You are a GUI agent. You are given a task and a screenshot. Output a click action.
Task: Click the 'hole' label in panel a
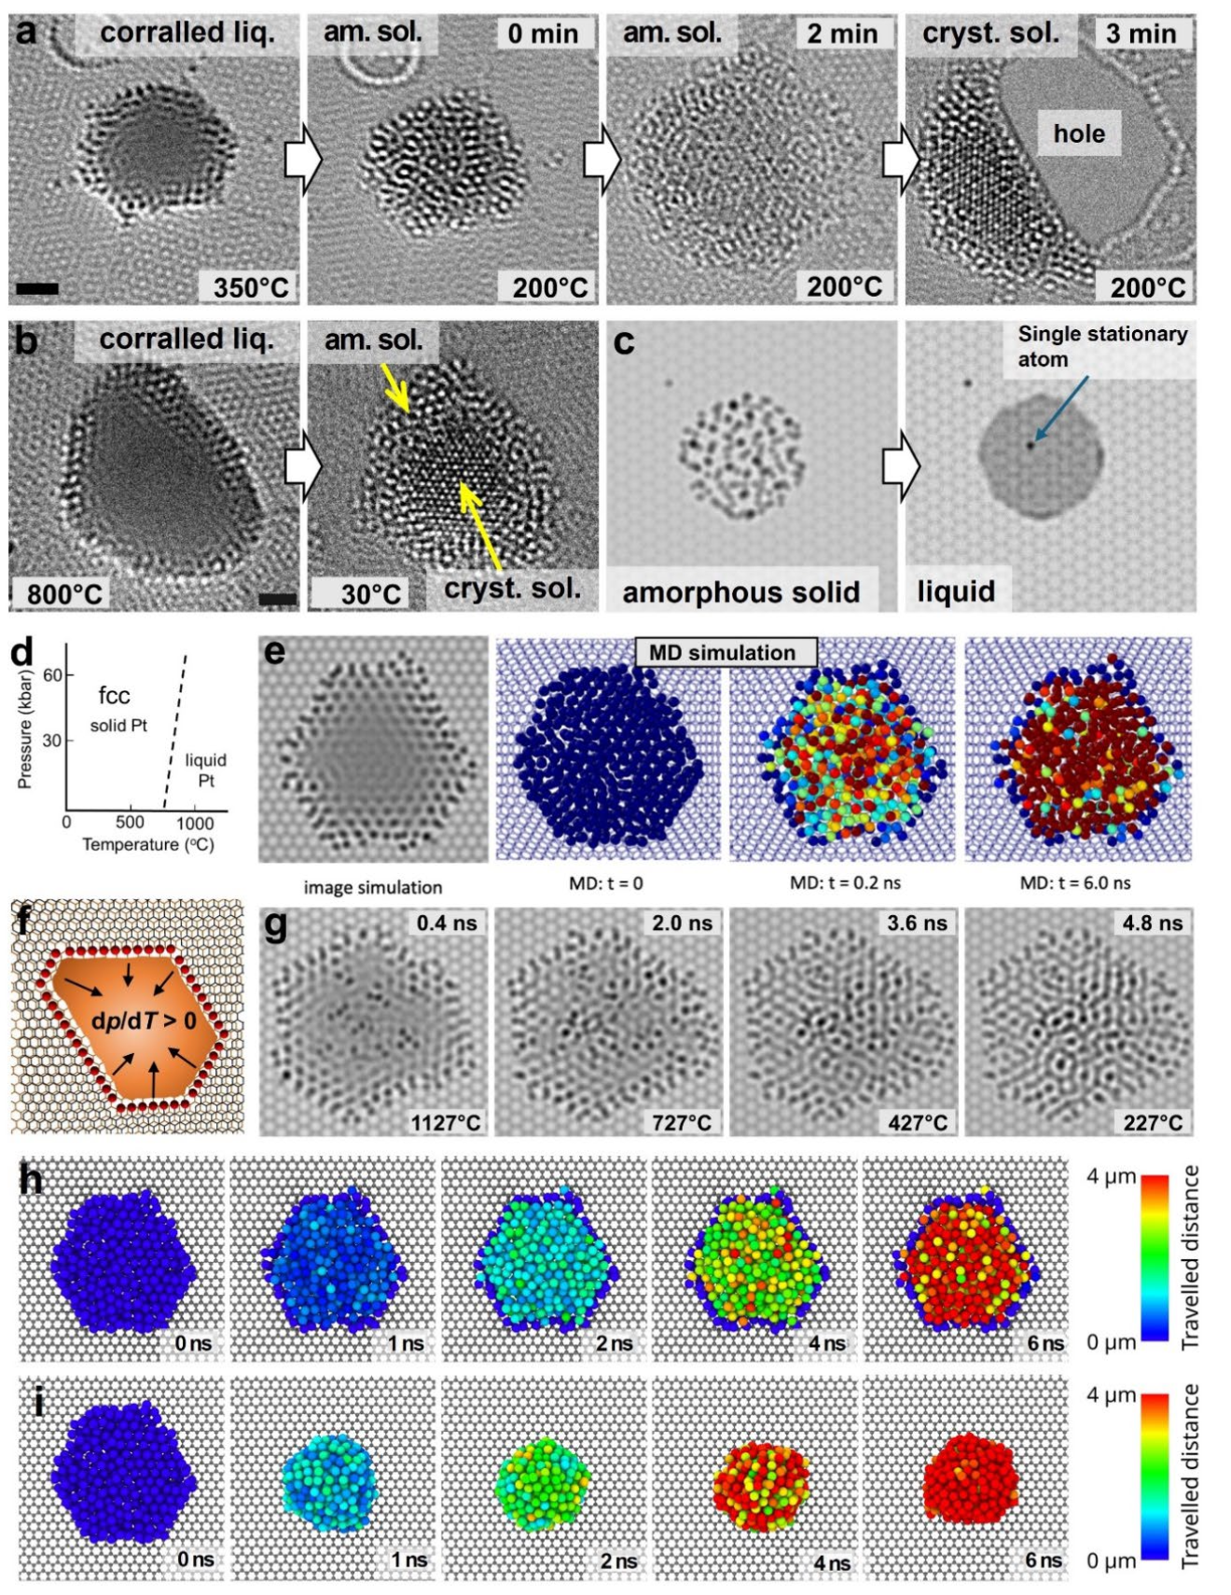tap(1079, 133)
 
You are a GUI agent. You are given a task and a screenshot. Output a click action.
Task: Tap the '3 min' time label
tap(1141, 34)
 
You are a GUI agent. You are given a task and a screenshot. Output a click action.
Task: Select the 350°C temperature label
tap(251, 286)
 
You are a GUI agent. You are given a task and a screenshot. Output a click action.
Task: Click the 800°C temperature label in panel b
tap(63, 593)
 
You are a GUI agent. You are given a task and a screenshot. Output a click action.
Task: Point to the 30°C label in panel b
tap(370, 593)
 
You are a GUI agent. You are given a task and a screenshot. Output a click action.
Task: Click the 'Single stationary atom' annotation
tap(1101, 346)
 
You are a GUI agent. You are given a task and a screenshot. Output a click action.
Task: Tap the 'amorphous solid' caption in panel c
tap(740, 592)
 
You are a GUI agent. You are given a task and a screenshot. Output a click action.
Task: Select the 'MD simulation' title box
tap(723, 652)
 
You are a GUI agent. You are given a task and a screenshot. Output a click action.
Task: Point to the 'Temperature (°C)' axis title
tap(148, 844)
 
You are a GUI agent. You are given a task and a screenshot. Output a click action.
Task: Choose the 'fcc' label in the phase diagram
tap(114, 695)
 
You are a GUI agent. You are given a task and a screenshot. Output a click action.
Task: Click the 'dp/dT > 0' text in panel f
tap(144, 1020)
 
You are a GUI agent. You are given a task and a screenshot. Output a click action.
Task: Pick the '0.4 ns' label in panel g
tap(447, 922)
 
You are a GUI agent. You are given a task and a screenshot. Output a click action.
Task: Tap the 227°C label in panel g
tap(1153, 1122)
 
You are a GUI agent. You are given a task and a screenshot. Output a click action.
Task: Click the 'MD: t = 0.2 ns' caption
tap(845, 882)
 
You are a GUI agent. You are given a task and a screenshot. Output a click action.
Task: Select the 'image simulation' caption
tap(373, 887)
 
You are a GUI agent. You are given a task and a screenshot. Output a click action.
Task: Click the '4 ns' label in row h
tap(826, 1343)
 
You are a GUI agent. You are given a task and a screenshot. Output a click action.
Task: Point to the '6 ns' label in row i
tap(1044, 1560)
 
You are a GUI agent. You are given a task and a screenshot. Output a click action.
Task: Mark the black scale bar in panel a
tap(37, 288)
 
